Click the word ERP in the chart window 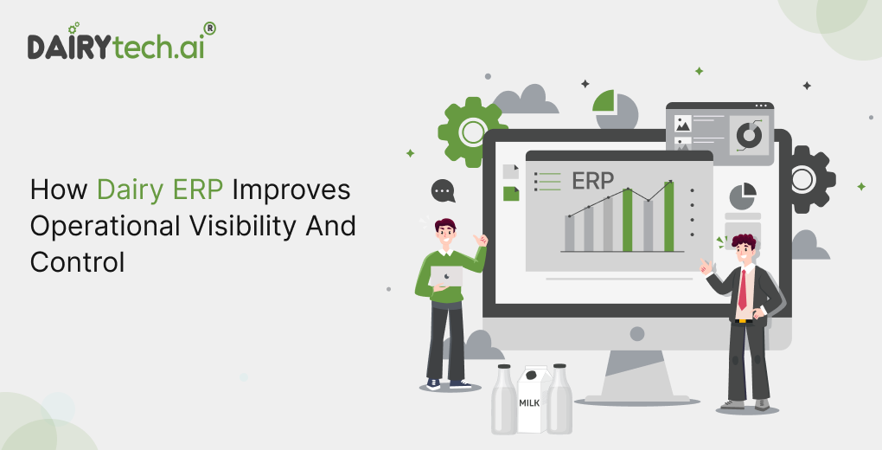pos(592,182)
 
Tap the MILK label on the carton pos(529,403)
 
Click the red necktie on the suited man pos(743,290)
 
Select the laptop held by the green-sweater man pos(445,277)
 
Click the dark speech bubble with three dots pos(443,191)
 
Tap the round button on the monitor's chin pos(637,334)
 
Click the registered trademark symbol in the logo pos(209,29)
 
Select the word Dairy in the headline pos(130,190)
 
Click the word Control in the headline pos(77,262)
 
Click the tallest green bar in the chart pos(668,216)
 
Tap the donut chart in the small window pos(749,136)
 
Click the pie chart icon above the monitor pos(615,109)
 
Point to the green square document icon pos(511,194)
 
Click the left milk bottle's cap pos(504,367)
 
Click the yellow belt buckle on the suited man pos(743,322)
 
